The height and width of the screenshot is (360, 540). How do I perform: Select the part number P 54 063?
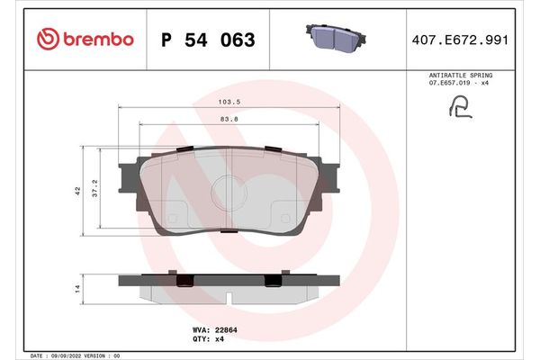point(207,40)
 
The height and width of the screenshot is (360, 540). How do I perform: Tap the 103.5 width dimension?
point(230,103)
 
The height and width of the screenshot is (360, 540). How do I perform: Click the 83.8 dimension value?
point(230,120)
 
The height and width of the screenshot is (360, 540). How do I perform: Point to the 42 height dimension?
point(78,190)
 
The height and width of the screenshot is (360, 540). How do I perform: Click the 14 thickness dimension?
point(78,288)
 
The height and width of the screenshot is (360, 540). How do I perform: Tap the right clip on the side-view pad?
point(271,280)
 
